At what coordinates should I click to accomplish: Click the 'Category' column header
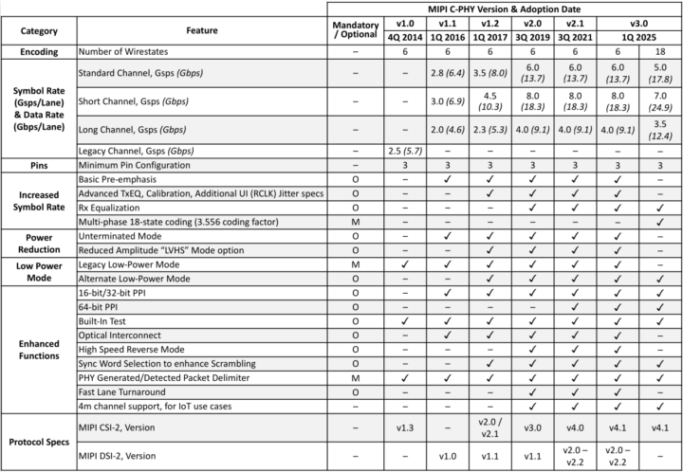[x=36, y=30]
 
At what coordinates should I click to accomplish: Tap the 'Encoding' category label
[x=36, y=54]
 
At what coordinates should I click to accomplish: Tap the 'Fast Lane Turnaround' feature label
[x=119, y=391]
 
